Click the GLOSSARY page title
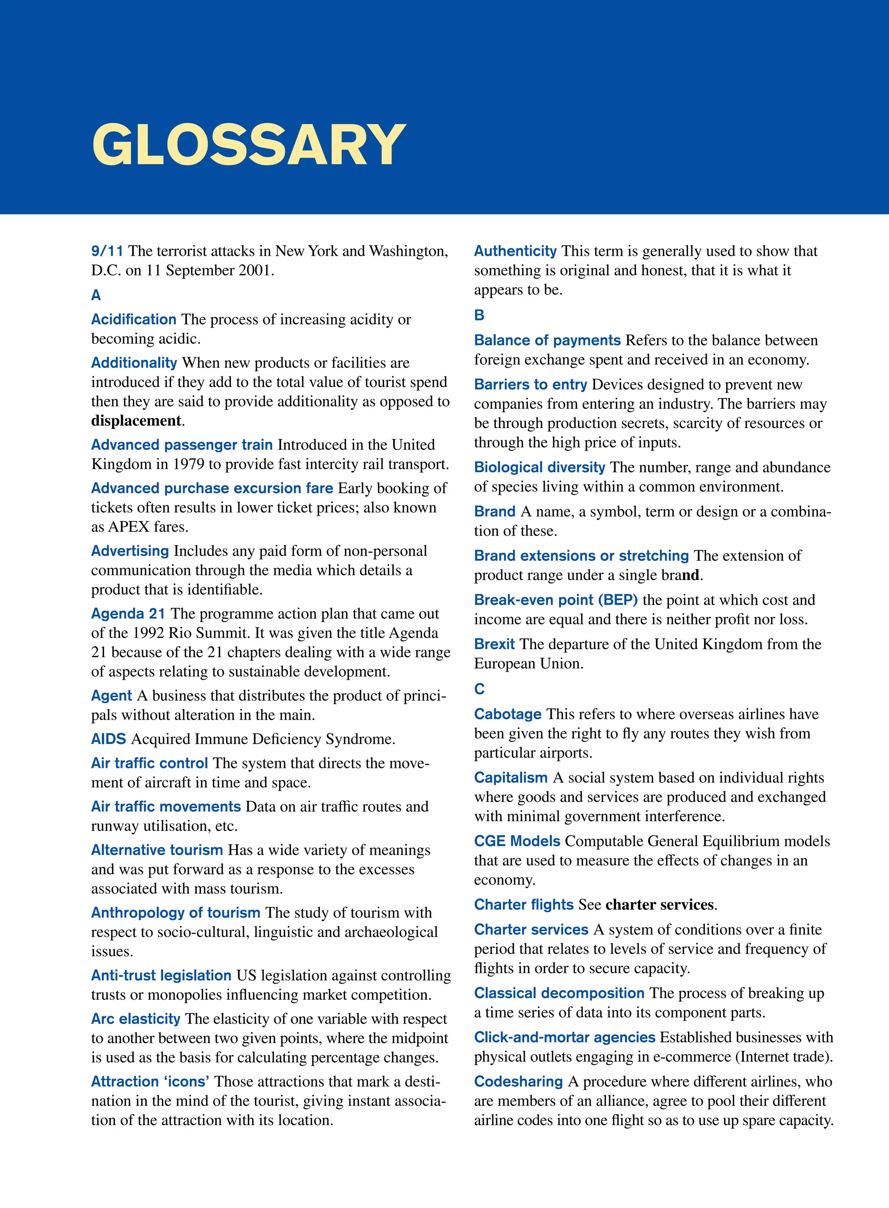tap(249, 145)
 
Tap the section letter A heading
tap(96, 296)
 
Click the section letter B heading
tap(479, 315)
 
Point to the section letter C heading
tap(479, 689)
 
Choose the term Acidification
tap(133, 319)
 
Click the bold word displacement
tap(136, 421)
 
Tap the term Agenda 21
tap(128, 614)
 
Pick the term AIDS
tap(108, 739)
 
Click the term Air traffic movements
tap(166, 806)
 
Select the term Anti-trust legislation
tap(161, 975)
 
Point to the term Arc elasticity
tap(135, 1019)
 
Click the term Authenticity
tap(515, 251)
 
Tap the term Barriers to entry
tap(530, 385)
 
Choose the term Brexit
tap(494, 645)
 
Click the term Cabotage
tap(507, 714)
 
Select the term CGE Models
tap(517, 842)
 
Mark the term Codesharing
tap(518, 1082)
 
